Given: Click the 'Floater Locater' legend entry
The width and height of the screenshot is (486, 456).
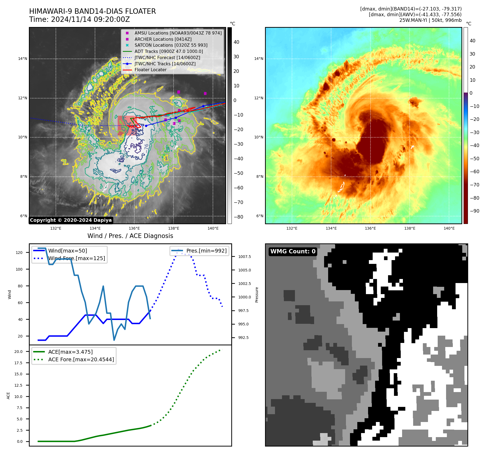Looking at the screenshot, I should tap(150, 70).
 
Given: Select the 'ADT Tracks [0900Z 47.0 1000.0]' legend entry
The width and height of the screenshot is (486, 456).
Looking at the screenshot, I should tap(168, 52).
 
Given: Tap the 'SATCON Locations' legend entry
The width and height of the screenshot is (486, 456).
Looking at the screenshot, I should tap(171, 45).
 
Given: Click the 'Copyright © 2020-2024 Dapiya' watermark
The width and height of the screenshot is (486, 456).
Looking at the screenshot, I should tap(71, 220).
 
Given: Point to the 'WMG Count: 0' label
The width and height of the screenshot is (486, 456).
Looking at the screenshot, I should tap(293, 251).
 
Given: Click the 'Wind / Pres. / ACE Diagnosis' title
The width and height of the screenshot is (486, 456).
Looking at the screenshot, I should tap(130, 236).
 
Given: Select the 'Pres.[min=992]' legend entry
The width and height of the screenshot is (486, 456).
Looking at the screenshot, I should tap(206, 251).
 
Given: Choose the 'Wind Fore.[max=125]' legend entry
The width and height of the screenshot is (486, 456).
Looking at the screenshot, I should tap(77, 258).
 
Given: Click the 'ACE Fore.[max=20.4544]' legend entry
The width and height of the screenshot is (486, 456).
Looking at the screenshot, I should tap(81, 360).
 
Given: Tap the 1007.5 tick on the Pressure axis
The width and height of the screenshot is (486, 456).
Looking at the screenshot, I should tap(244, 257).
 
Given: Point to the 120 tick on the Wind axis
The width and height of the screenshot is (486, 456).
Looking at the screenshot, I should tap(19, 253).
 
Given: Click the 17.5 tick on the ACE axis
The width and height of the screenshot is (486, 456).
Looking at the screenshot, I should tap(18, 363).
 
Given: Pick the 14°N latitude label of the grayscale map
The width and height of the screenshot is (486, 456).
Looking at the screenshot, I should tap(23, 59).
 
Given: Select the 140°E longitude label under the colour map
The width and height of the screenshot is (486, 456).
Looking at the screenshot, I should tap(449, 229).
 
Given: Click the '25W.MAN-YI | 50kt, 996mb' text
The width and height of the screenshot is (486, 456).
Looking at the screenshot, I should tap(430, 20).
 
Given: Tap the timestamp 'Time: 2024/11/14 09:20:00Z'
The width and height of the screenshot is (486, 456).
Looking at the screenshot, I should tap(80, 20).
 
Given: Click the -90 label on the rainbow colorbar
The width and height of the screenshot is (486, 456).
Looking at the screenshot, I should tap(474, 211).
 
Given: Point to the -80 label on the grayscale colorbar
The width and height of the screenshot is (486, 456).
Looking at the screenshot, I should tap(238, 217).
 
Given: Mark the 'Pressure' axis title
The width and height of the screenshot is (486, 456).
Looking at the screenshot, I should tap(257, 295).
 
